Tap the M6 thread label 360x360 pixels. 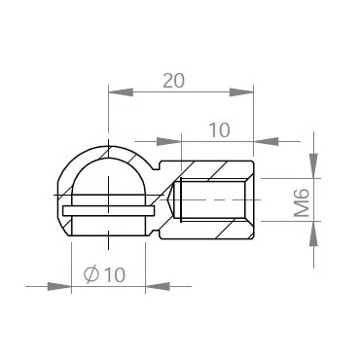[303, 201]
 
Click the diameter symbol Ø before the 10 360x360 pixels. [90, 275]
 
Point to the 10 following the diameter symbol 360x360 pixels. [114, 275]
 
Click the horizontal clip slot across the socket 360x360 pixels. [107, 209]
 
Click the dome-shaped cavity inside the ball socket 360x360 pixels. [107, 181]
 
